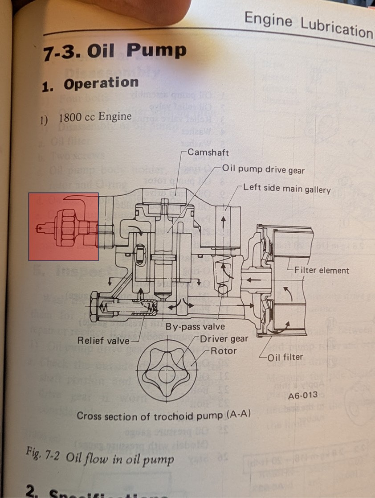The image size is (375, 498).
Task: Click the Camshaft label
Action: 208,153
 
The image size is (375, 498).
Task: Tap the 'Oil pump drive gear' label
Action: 264,169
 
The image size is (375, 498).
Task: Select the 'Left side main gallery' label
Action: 287,189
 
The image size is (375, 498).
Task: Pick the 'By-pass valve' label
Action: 196,327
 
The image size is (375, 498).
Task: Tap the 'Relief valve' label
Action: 103,341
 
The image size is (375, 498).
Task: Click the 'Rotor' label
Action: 224,350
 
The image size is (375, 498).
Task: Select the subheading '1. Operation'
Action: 90,84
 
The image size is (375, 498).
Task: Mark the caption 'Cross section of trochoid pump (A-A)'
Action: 164,416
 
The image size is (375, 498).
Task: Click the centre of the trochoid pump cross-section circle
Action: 167,371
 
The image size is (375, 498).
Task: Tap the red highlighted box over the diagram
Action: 63,226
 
